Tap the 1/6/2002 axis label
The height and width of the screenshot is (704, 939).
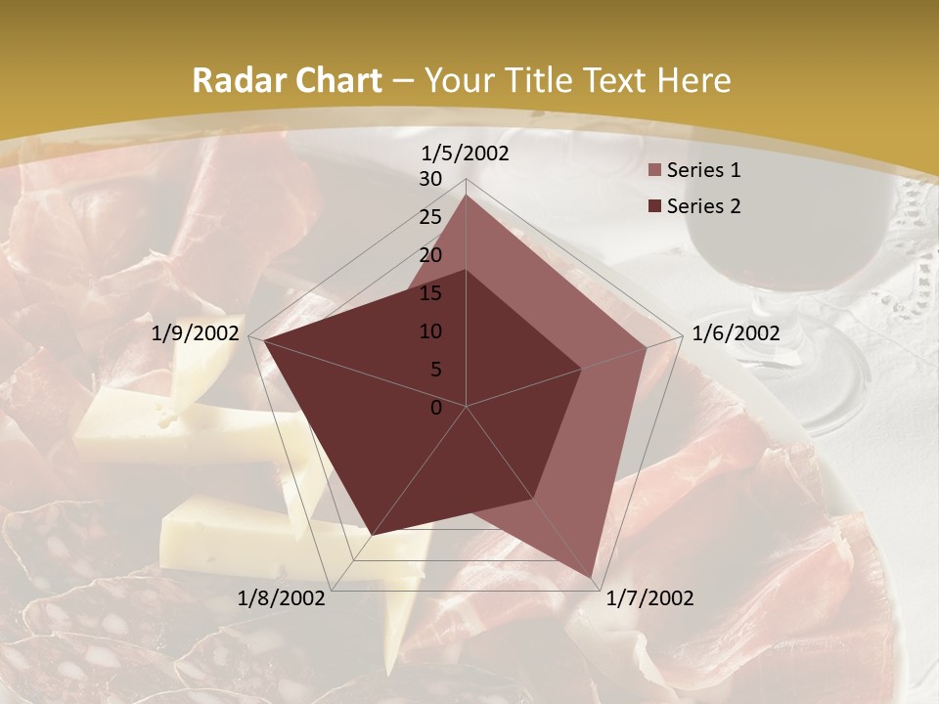pyautogui.click(x=736, y=333)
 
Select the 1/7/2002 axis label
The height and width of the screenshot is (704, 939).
pyautogui.click(x=649, y=598)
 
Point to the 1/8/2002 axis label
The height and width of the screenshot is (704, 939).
pyautogui.click(x=282, y=598)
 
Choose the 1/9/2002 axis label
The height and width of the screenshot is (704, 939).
pyautogui.click(x=196, y=333)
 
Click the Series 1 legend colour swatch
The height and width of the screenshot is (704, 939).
pyautogui.click(x=655, y=171)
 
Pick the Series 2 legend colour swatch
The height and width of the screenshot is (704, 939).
pyautogui.click(x=655, y=206)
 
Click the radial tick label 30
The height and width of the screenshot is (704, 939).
pyautogui.click(x=430, y=179)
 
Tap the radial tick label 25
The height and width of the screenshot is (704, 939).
pyautogui.click(x=430, y=217)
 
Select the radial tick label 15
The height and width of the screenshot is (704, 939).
pyautogui.click(x=430, y=293)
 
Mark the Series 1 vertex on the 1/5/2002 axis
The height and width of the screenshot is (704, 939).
pyautogui.click(x=467, y=195)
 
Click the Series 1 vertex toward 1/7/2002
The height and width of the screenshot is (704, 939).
pyautogui.click(x=593, y=578)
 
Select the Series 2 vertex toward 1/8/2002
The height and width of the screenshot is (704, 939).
pyautogui.click(x=373, y=535)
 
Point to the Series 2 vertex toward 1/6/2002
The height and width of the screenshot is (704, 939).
pyautogui.click(x=582, y=369)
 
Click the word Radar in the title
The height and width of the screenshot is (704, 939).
pyautogui.click(x=235, y=81)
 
